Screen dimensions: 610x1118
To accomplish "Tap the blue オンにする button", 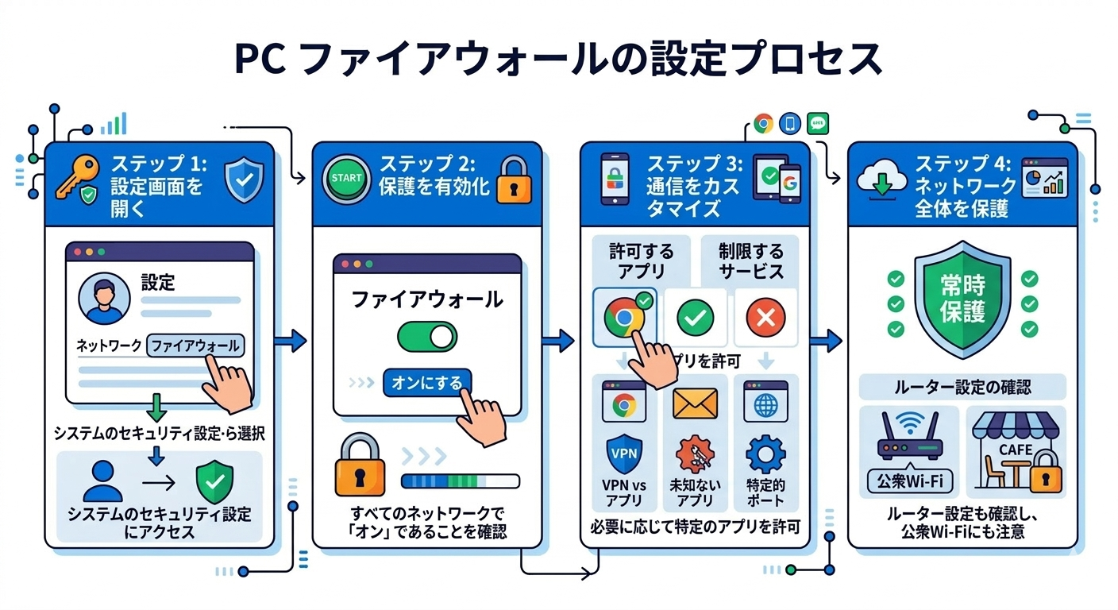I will (427, 384).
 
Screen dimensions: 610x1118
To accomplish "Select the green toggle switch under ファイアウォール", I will (427, 338).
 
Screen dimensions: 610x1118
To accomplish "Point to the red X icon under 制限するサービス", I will (766, 319).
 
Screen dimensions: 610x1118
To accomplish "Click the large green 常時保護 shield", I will (962, 299).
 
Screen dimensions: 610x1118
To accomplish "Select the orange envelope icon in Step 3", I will (695, 403).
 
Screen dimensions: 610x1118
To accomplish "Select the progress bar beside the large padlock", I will (461, 481).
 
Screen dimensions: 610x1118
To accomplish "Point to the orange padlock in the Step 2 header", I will (515, 182).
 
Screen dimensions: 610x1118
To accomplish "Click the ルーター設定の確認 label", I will (962, 387).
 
